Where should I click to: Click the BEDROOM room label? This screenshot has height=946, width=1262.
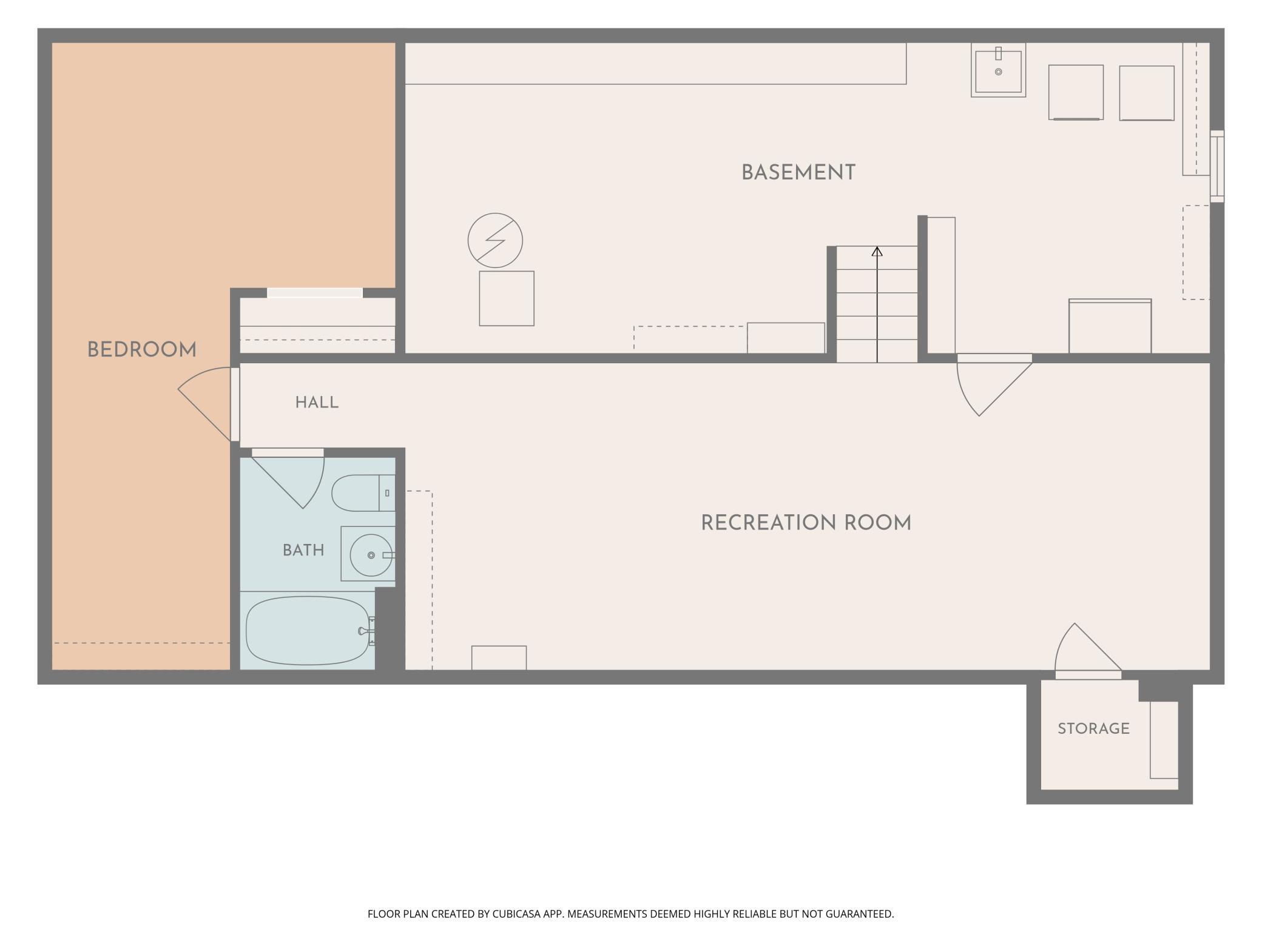pyautogui.click(x=142, y=350)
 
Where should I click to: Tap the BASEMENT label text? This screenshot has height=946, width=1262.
pyautogui.click(x=798, y=173)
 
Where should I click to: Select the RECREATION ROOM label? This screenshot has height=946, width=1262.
pyautogui.click(x=806, y=523)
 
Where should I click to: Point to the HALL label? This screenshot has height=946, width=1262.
pyautogui.click(x=317, y=403)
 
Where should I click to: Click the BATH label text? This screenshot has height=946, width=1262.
pyautogui.click(x=303, y=550)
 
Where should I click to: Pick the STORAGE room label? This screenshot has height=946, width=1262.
pyautogui.click(x=1093, y=728)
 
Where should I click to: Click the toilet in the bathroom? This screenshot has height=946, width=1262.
pyautogui.click(x=363, y=493)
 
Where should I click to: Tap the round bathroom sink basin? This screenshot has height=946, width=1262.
pyautogui.click(x=371, y=555)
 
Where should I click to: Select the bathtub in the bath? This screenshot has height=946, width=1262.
pyautogui.click(x=308, y=631)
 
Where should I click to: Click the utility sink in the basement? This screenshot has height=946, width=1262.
pyautogui.click(x=998, y=70)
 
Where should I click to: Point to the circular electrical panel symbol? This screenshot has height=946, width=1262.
pyautogui.click(x=495, y=240)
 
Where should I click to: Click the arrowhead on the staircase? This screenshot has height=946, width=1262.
pyautogui.click(x=877, y=251)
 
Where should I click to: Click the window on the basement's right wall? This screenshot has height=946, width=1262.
pyautogui.click(x=1217, y=166)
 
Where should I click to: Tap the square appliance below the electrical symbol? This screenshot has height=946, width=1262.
pyautogui.click(x=507, y=298)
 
